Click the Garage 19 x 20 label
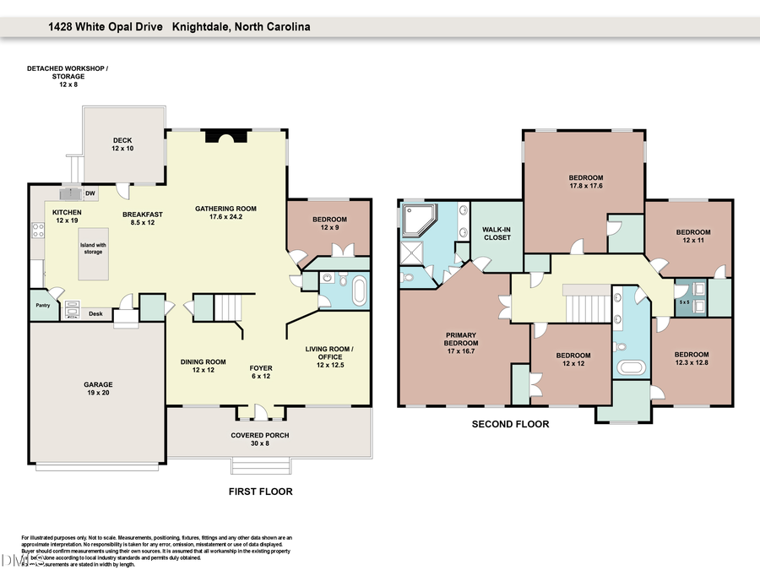click(98, 388)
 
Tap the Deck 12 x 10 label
click(122, 144)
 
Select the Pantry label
click(42, 306)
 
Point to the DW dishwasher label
click(90, 194)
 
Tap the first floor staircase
click(226, 307)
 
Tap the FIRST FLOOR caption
click(261, 491)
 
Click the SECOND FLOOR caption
click(510, 424)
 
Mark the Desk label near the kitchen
click(96, 313)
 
